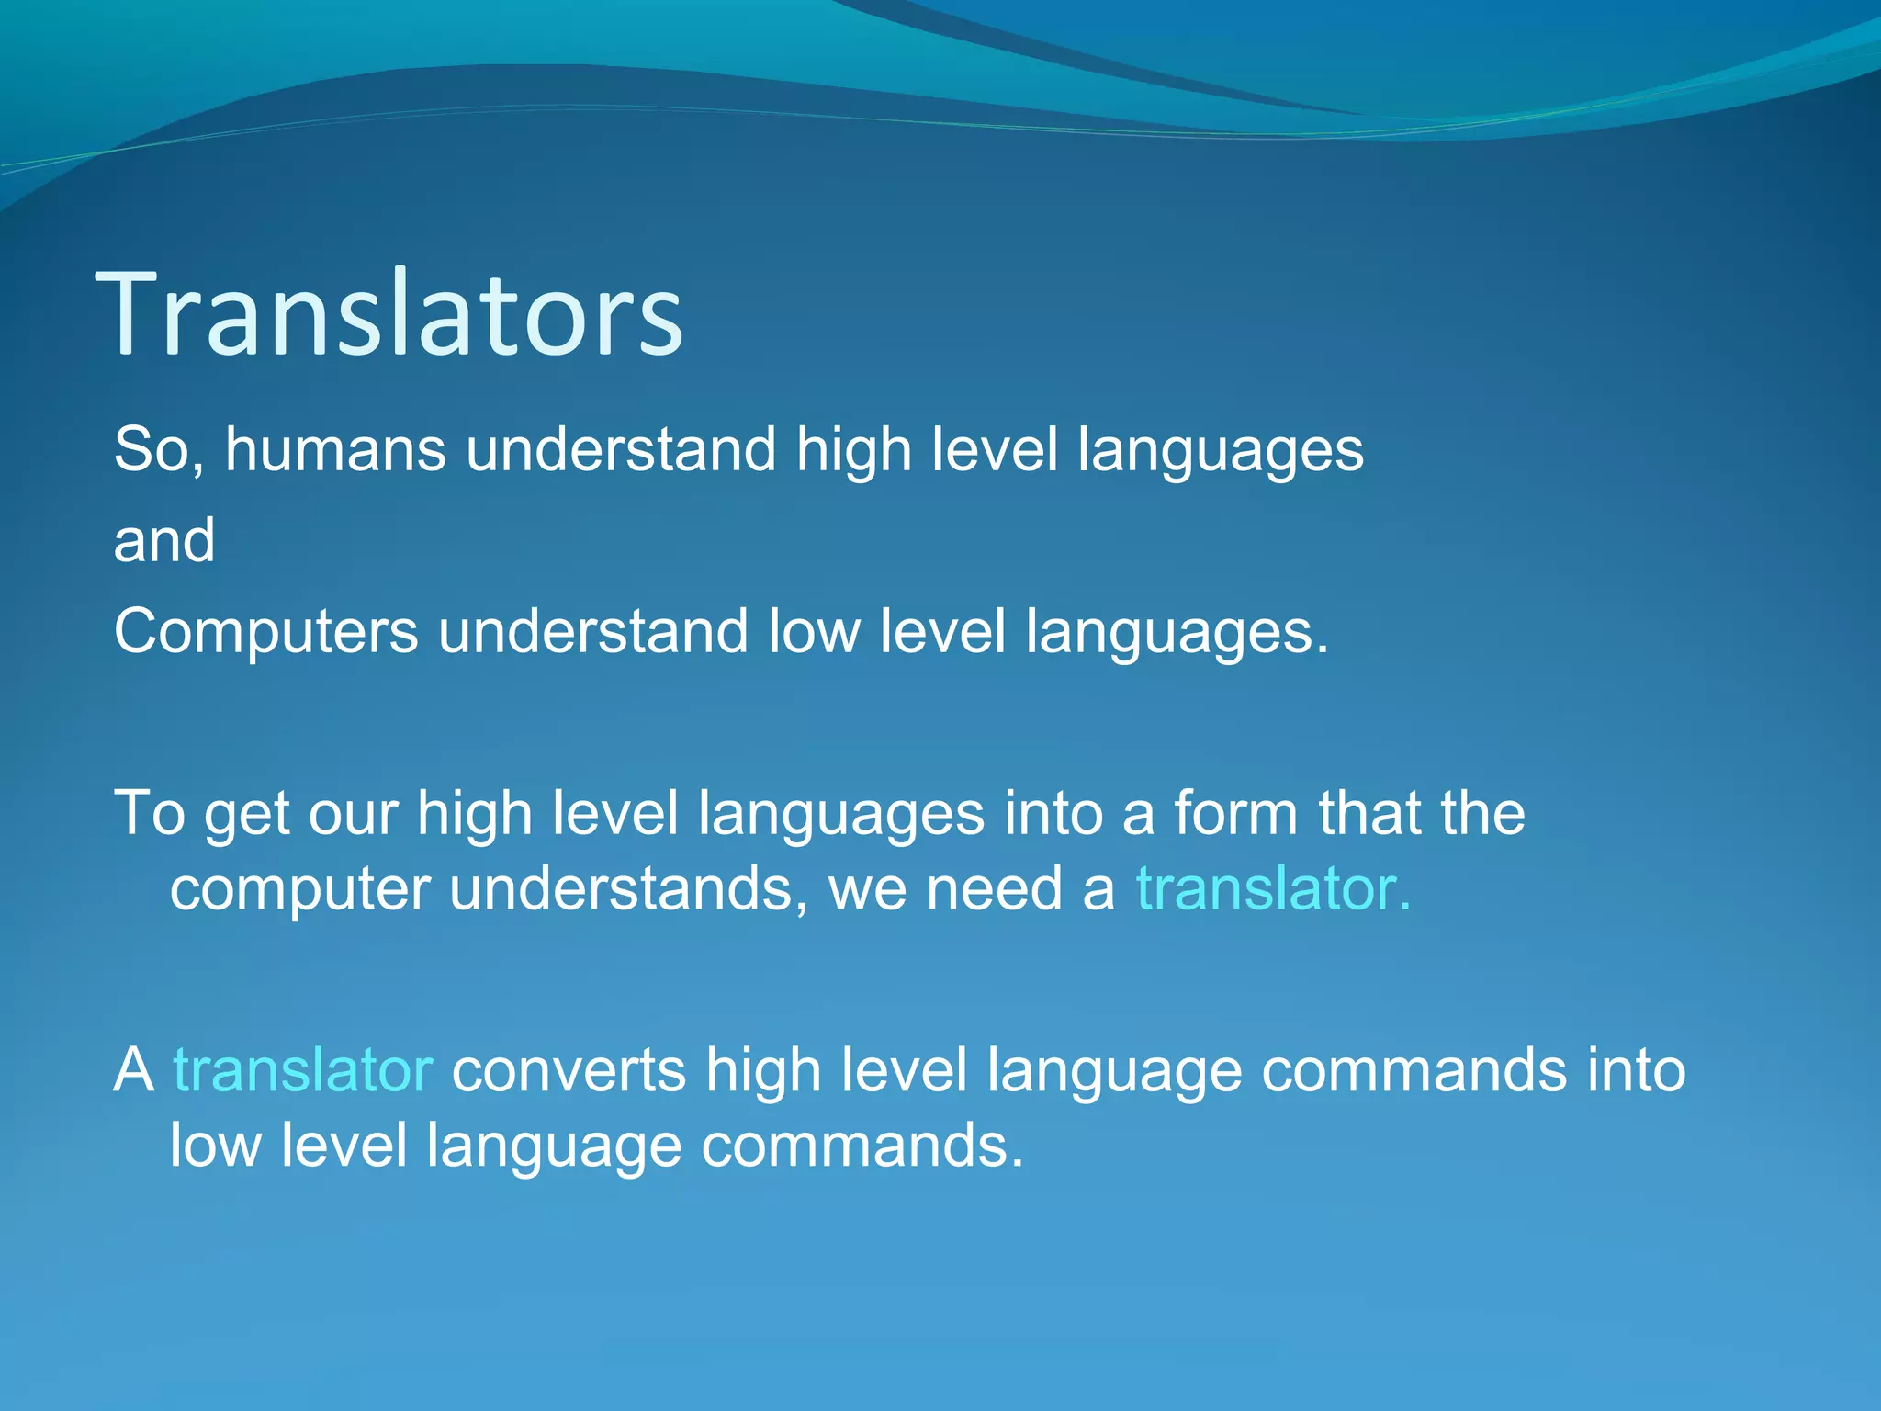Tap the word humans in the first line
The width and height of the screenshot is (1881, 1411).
pos(335,449)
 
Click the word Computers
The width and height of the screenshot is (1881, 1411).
pos(265,633)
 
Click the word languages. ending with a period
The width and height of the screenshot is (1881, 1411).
pos(1177,633)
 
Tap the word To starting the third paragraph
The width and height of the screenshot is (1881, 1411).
pos(149,814)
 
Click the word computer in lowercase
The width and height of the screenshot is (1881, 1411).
pos(299,890)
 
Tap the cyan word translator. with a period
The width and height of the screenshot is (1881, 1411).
pos(1273,888)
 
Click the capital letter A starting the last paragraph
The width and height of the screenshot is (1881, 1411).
pos(134,1071)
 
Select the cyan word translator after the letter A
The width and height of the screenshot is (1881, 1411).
pos(302,1071)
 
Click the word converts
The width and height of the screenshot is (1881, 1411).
pos(569,1071)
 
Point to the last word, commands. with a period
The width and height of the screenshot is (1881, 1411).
pos(862,1146)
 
